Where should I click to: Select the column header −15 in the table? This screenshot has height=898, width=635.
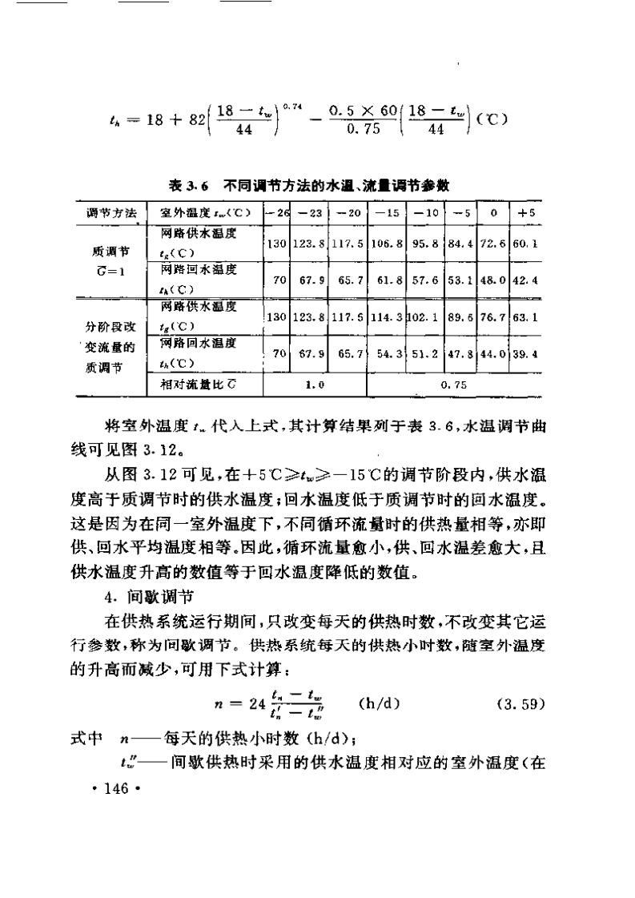tap(385, 213)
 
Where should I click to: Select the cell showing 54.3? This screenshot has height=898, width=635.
tap(385, 353)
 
